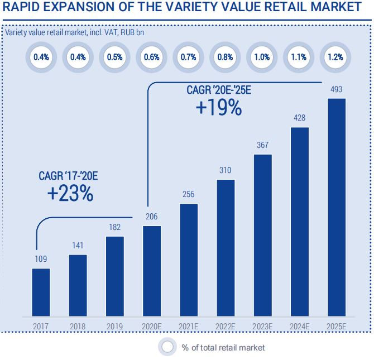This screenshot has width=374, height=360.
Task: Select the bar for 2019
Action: point(114,275)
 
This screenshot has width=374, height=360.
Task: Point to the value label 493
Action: point(337,89)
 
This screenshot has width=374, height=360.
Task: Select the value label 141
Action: point(78,246)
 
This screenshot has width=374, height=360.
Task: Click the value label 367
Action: point(263,145)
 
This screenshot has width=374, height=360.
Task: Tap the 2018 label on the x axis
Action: point(78,326)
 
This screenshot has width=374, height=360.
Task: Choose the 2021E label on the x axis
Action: point(189,326)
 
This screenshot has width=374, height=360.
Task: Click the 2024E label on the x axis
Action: point(300,326)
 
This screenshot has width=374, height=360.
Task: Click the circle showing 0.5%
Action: point(114,57)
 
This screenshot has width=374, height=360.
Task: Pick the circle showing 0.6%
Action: point(152,57)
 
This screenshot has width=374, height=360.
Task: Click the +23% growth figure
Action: point(70,194)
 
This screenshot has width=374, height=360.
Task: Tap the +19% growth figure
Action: point(219,107)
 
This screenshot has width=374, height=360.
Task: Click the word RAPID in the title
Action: point(23,8)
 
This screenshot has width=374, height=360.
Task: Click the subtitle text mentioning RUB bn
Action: point(79,31)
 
